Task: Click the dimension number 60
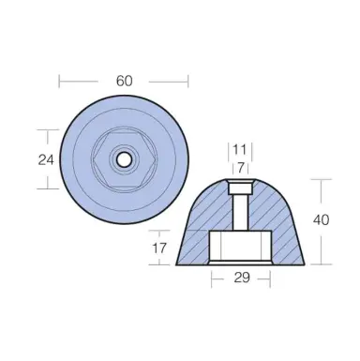click(123, 81)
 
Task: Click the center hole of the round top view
click(123, 159)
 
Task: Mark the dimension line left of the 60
click(84, 81)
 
